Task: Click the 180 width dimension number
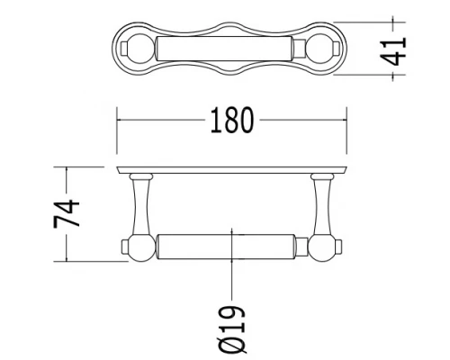(232, 120)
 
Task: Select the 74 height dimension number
(67, 213)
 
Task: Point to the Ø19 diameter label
(232, 329)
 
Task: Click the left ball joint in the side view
(141, 247)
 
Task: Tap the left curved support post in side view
(140, 206)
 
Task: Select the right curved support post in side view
(322, 206)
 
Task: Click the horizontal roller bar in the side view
(226, 247)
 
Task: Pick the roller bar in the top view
(224, 49)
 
